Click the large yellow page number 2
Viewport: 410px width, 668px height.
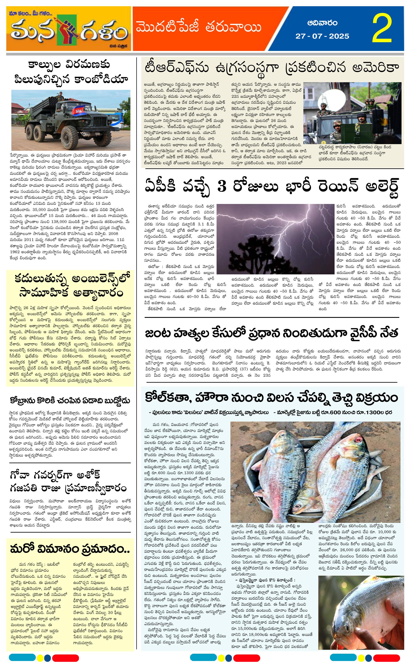pyautogui.click(x=382, y=29)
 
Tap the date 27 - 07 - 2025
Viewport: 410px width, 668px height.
pyautogui.click(x=322, y=36)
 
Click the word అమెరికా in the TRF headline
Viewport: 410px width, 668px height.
pyautogui.click(x=375, y=68)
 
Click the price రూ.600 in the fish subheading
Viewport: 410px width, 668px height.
pyautogui.click(x=324, y=412)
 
